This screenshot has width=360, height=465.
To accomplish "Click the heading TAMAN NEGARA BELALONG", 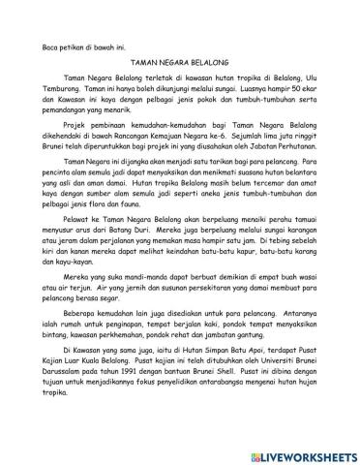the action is (179, 60).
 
